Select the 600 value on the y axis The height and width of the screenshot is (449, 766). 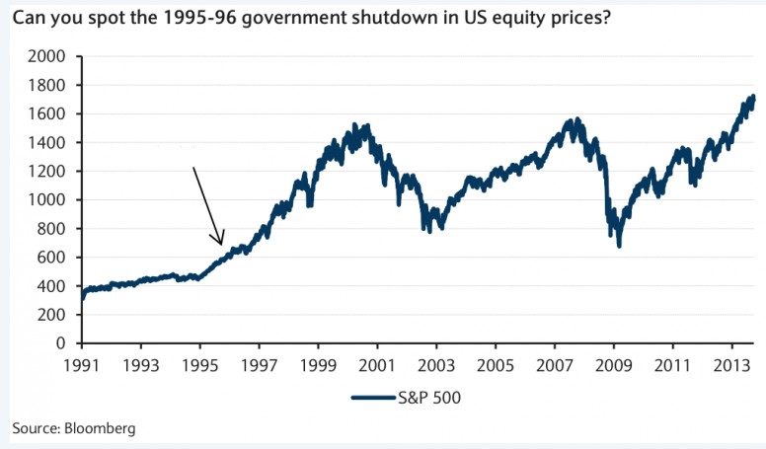[x=53, y=258]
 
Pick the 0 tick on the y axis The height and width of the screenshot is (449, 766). [x=61, y=343]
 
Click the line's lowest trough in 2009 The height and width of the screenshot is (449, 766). [x=619, y=246]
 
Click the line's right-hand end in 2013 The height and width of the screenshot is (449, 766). [x=753, y=97]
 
